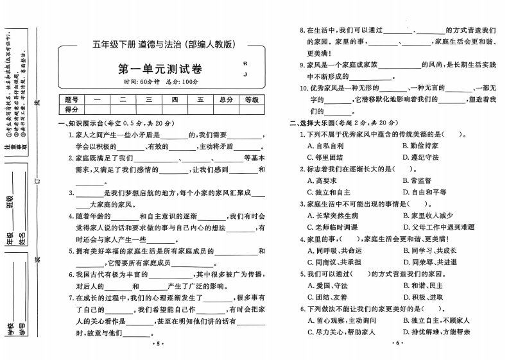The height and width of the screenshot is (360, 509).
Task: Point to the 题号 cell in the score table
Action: tap(71, 99)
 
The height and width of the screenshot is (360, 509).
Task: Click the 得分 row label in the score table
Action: tap(71, 109)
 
